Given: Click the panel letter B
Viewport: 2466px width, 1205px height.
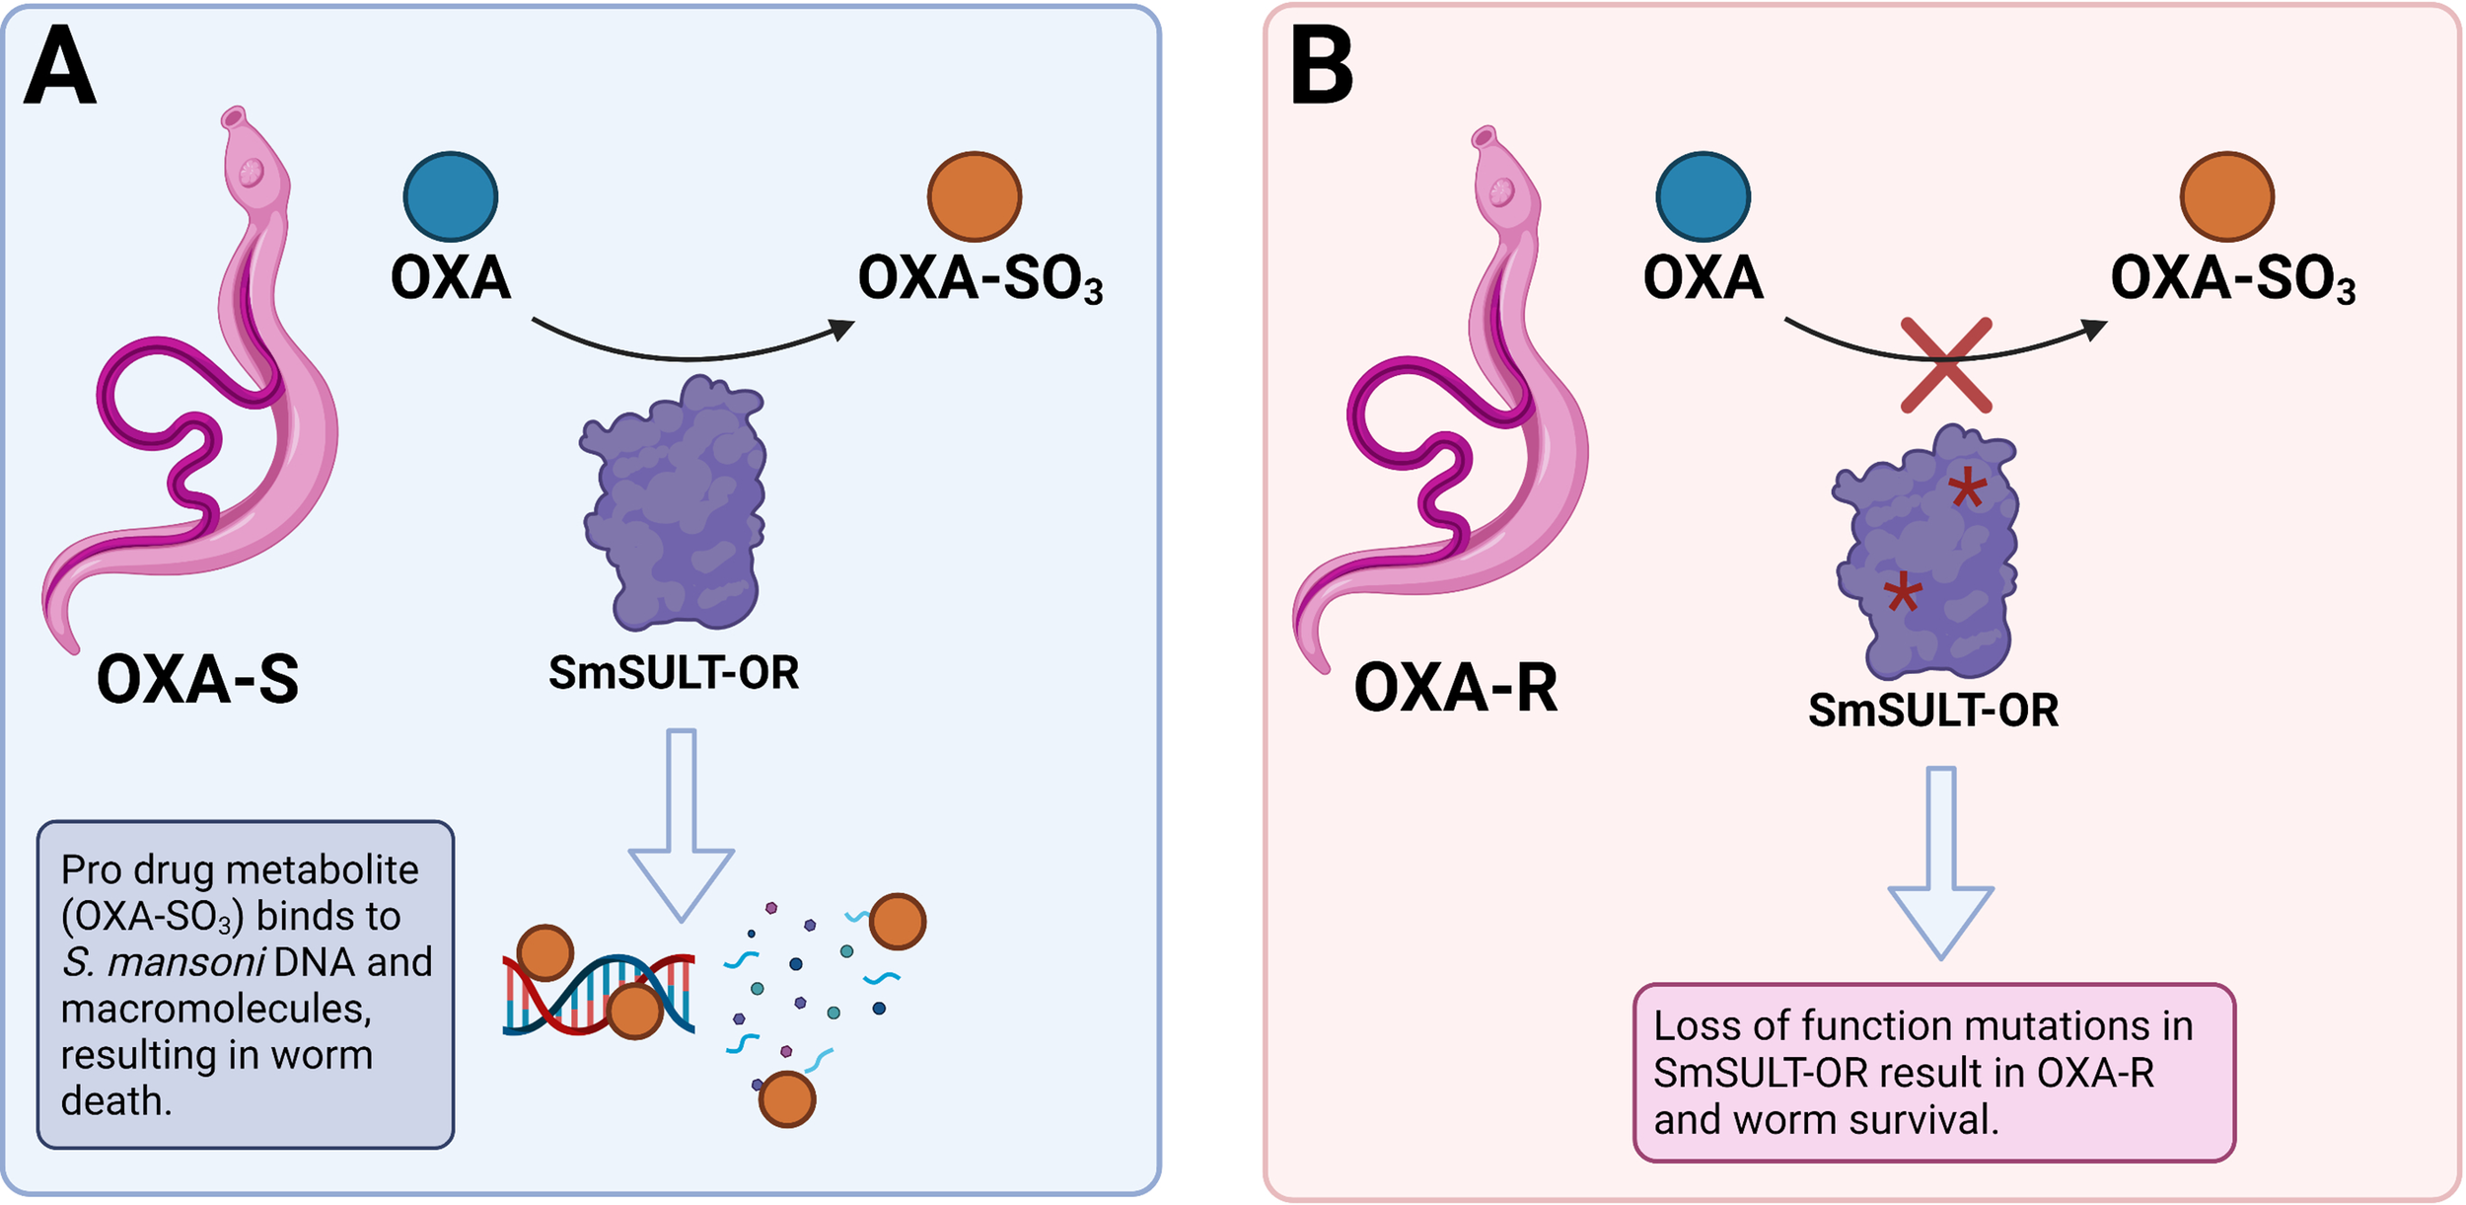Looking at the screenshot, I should pyautogui.click(x=1322, y=67).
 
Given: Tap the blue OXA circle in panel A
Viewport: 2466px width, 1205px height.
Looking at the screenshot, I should pyautogui.click(x=451, y=196).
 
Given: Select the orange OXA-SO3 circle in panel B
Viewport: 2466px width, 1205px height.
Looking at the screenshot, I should pyautogui.click(x=2226, y=196).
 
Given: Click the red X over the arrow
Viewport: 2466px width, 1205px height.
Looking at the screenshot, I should pyautogui.click(x=1945, y=365).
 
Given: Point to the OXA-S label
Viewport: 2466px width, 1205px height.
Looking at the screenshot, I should pyautogui.click(x=197, y=680).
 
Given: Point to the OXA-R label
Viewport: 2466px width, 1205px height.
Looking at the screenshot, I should pyautogui.click(x=1455, y=688).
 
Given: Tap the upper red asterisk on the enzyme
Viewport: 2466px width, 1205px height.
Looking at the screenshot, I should pyautogui.click(x=1967, y=488).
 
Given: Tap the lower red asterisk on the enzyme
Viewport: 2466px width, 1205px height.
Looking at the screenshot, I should pyautogui.click(x=1902, y=594).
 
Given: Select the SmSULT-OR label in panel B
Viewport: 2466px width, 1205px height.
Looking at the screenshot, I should pyautogui.click(x=1932, y=711).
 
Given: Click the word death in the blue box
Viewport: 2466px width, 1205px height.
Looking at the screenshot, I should pyautogui.click(x=115, y=1101).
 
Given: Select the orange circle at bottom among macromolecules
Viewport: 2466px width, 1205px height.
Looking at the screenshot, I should pyautogui.click(x=786, y=1098).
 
